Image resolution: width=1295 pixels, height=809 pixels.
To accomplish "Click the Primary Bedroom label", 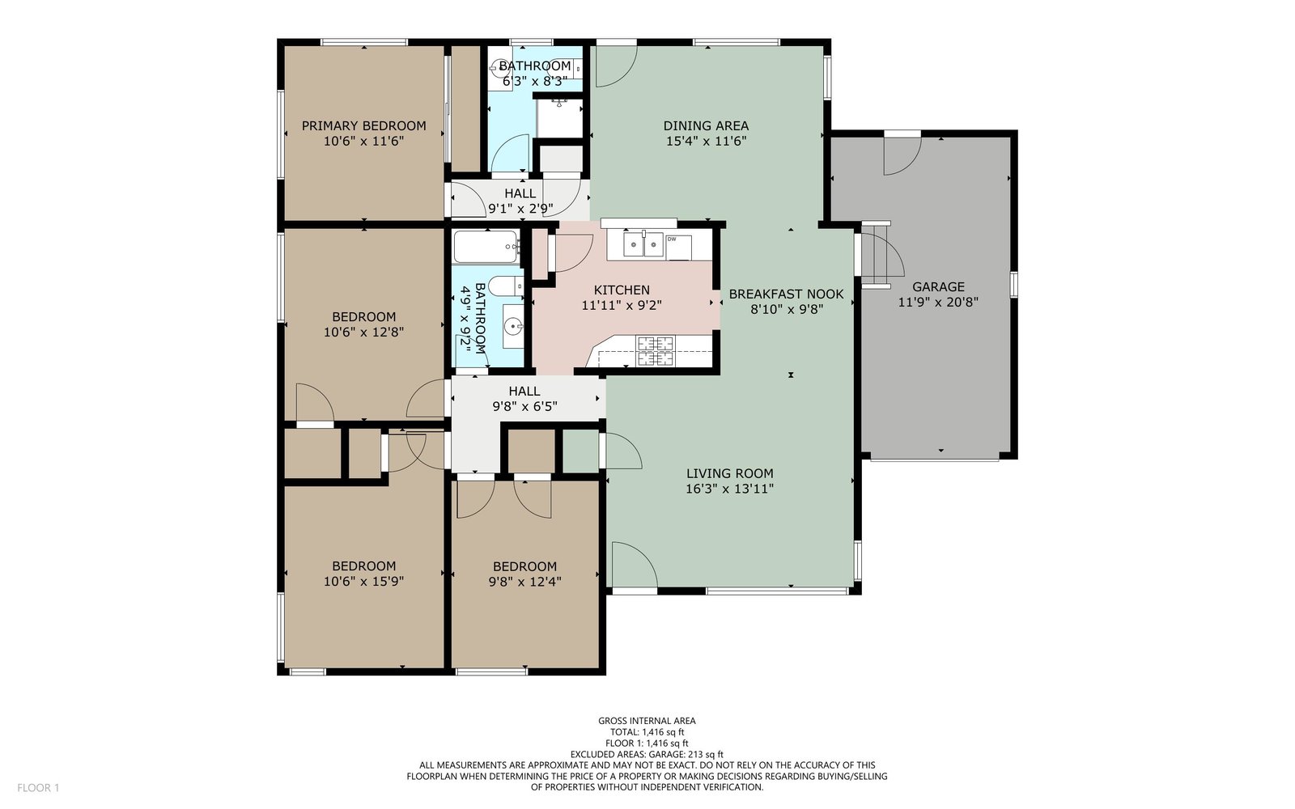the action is (x=363, y=125).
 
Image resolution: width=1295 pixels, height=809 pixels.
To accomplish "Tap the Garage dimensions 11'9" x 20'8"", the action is (x=938, y=302).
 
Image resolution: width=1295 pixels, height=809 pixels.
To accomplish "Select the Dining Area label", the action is (x=706, y=125).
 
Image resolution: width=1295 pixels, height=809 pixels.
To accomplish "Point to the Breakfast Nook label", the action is (x=786, y=294).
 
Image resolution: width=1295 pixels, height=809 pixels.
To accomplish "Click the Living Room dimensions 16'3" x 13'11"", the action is (x=729, y=489).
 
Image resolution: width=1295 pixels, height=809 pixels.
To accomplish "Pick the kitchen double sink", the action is (x=643, y=244).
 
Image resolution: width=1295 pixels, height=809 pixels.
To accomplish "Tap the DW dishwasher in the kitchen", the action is (x=678, y=248).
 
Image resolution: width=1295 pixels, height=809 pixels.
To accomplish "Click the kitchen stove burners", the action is (x=656, y=351).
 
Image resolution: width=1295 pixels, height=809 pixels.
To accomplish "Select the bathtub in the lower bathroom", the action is (x=486, y=247).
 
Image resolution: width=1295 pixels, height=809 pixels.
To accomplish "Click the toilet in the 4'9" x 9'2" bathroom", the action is (x=506, y=286).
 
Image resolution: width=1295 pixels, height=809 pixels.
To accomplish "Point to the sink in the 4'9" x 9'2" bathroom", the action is (x=513, y=327).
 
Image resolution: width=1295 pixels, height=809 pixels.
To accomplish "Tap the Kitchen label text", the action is (x=622, y=290).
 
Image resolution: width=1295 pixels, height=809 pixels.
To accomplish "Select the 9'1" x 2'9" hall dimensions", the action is (x=520, y=209).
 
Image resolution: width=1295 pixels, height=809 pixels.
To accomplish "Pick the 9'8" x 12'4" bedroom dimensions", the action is (x=525, y=582).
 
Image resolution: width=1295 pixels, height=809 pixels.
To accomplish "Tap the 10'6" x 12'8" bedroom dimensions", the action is (x=363, y=332).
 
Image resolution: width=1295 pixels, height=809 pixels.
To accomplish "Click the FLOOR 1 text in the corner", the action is (x=38, y=788).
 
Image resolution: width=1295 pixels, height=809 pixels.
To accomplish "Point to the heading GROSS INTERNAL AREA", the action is (x=647, y=721).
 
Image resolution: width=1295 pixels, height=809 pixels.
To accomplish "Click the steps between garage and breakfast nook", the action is (x=876, y=254).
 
